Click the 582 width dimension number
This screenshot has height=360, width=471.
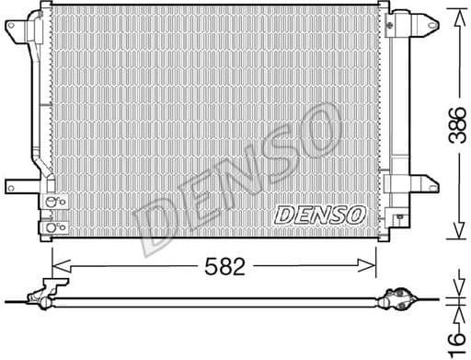[224, 268]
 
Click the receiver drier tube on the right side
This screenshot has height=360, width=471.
[398, 110]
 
